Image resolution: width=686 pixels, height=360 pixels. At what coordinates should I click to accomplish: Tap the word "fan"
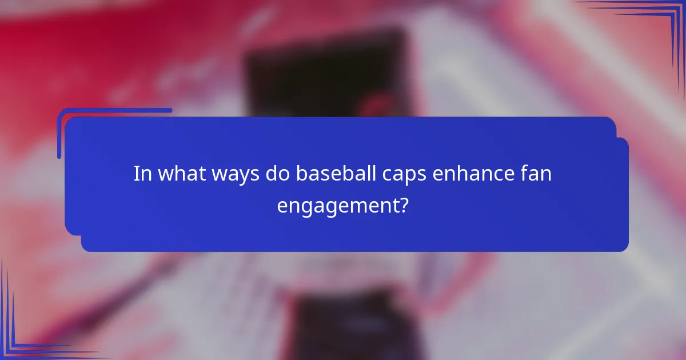(x=537, y=173)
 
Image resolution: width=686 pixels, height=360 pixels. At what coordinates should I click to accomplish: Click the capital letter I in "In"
(x=136, y=173)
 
